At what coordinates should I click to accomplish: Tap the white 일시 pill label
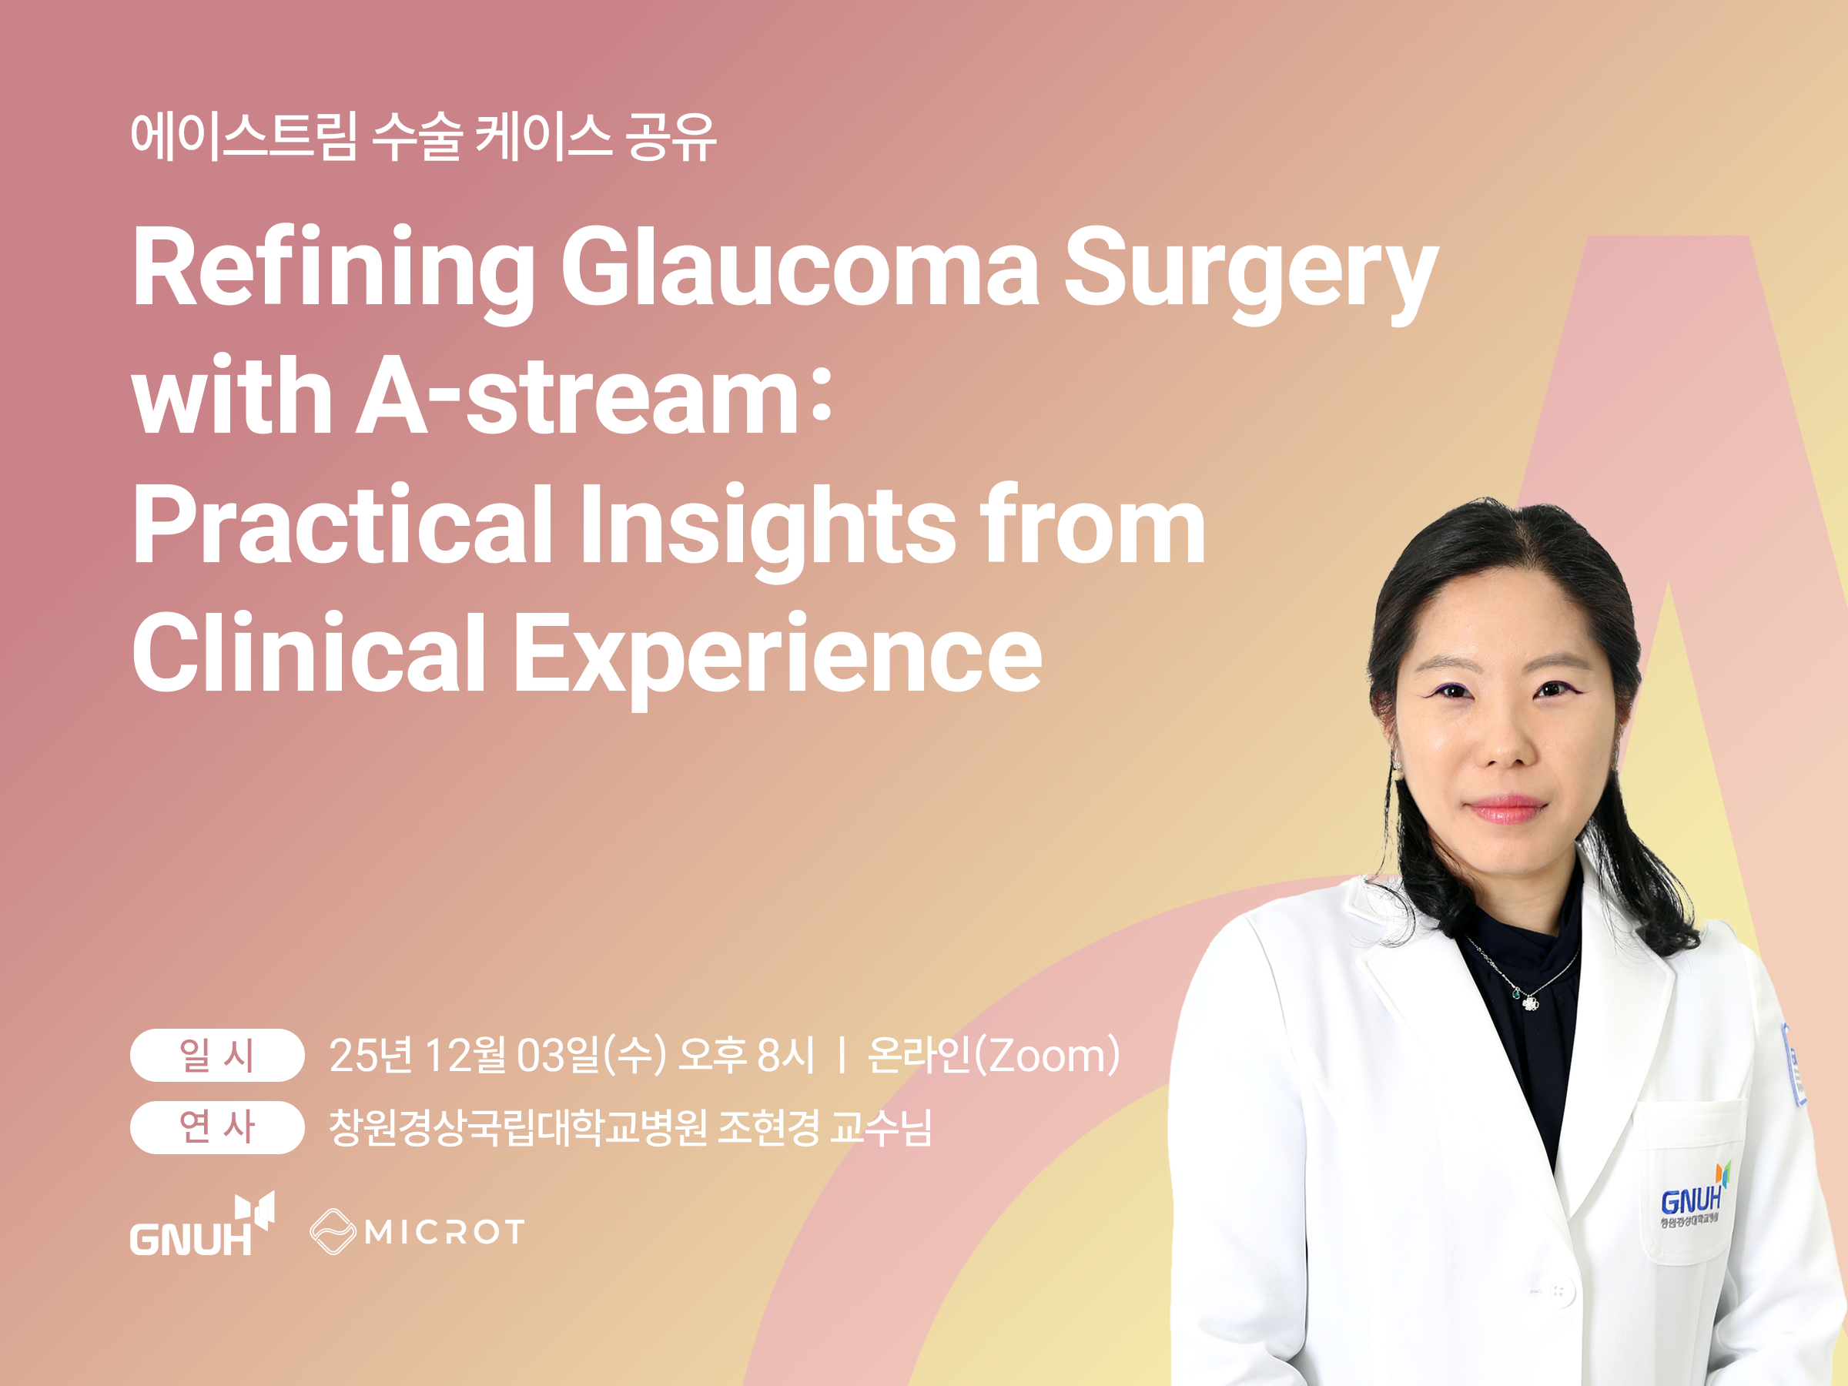click(x=216, y=1055)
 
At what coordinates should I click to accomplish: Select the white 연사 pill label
click(x=216, y=1127)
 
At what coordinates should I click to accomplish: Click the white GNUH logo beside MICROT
click(x=201, y=1224)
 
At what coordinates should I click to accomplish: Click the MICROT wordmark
click(x=444, y=1232)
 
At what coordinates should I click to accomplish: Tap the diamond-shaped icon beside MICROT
click(x=333, y=1231)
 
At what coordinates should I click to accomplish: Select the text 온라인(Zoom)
click(x=993, y=1055)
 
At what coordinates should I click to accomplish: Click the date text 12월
click(x=465, y=1055)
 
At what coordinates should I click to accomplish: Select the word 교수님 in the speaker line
click(x=881, y=1127)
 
